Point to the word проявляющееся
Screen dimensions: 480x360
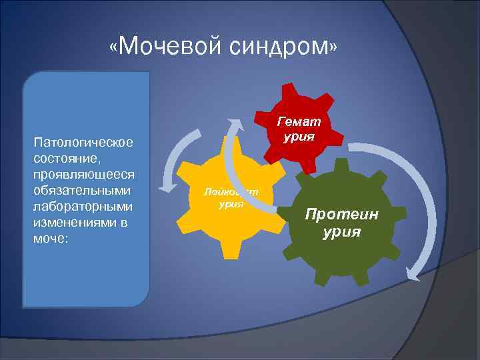pyautogui.click(x=83, y=174)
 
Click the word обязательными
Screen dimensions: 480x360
pyautogui.click(x=81, y=190)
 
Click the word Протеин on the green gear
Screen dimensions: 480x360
pyautogui.click(x=341, y=215)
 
